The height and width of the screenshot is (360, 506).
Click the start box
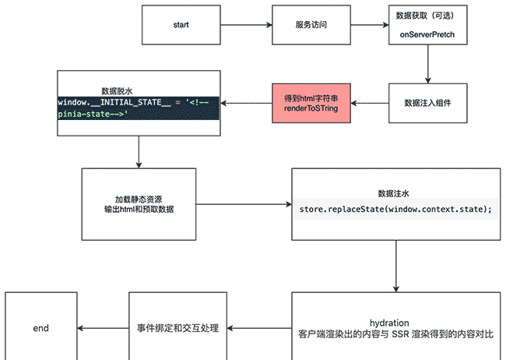[x=181, y=24]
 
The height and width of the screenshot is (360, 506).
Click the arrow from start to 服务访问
[x=245, y=24]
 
